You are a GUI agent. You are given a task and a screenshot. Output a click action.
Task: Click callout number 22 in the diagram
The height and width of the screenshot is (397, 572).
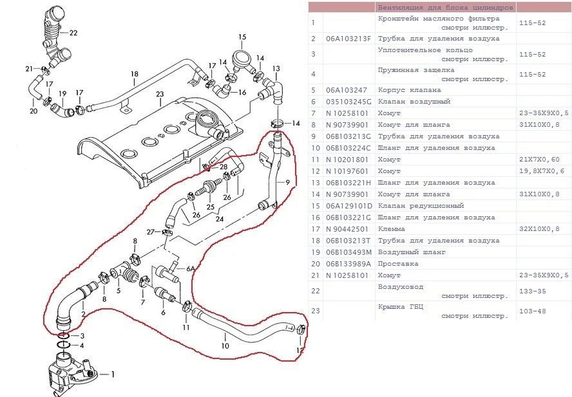pyautogui.click(x=73, y=32)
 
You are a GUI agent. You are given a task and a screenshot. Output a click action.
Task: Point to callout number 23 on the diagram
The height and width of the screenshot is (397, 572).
pyautogui.click(x=160, y=94)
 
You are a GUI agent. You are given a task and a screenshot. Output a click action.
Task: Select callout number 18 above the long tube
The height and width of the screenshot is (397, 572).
pyautogui.click(x=134, y=74)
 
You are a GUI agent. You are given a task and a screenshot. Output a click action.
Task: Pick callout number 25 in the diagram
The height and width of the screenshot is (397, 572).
pyautogui.click(x=210, y=207)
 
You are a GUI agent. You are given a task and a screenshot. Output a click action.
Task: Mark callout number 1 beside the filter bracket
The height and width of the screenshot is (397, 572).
pyautogui.click(x=113, y=374)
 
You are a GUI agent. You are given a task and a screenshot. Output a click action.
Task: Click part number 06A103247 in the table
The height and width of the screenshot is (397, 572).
pyautogui.click(x=347, y=90)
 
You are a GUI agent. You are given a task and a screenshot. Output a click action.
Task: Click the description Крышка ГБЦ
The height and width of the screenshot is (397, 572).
pyautogui.click(x=400, y=307)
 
